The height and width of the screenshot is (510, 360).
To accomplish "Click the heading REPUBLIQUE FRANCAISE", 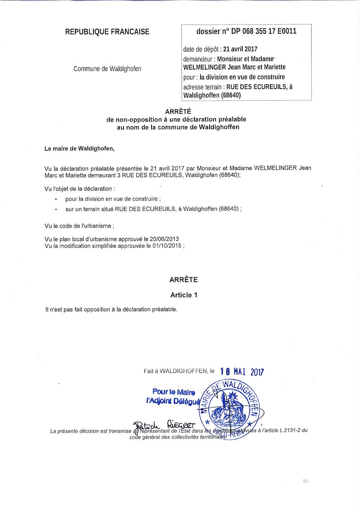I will [x=107, y=32].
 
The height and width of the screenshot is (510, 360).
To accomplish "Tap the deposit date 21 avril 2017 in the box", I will [x=240, y=49].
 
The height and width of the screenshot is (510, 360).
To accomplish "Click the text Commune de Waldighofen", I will [x=107, y=68].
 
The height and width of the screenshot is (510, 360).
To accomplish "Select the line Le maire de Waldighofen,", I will [x=79, y=149].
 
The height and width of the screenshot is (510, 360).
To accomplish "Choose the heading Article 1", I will [x=184, y=295].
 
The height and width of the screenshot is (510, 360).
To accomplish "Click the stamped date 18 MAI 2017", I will [x=242, y=372].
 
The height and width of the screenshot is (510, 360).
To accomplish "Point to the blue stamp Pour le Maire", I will [x=174, y=392].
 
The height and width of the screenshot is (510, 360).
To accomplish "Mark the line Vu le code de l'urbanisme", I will [x=79, y=226].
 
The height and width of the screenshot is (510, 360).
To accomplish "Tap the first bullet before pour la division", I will [x=56, y=199].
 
